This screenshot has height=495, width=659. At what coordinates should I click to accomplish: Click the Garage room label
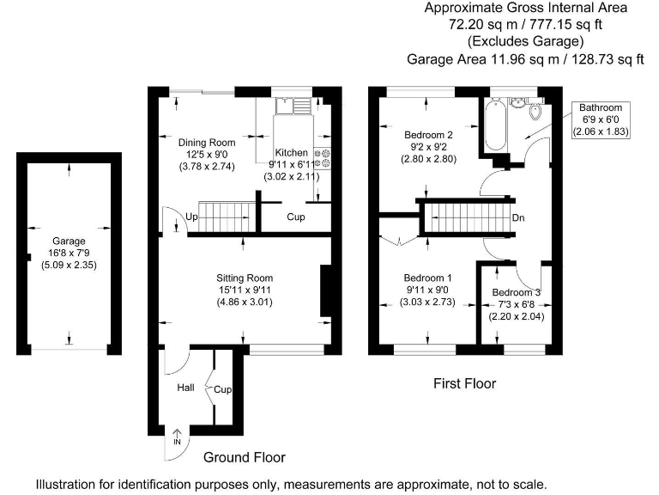pos(70,241)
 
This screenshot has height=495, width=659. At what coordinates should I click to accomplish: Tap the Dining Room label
pos(206,142)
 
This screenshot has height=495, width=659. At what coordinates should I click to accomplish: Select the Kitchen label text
pos(291,151)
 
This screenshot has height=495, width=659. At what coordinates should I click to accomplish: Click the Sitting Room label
pos(245,278)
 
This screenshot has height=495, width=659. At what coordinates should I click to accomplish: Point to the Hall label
pos(186,388)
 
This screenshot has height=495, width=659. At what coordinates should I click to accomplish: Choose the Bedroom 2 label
pos(427,134)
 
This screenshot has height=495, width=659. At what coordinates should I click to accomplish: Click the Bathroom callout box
pos(601,119)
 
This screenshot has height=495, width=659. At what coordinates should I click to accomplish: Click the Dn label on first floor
pos(518,217)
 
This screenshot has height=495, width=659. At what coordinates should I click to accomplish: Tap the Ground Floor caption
pos(245,457)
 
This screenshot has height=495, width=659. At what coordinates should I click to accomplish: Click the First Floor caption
pos(464,384)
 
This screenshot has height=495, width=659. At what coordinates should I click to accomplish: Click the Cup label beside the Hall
pos(224,388)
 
